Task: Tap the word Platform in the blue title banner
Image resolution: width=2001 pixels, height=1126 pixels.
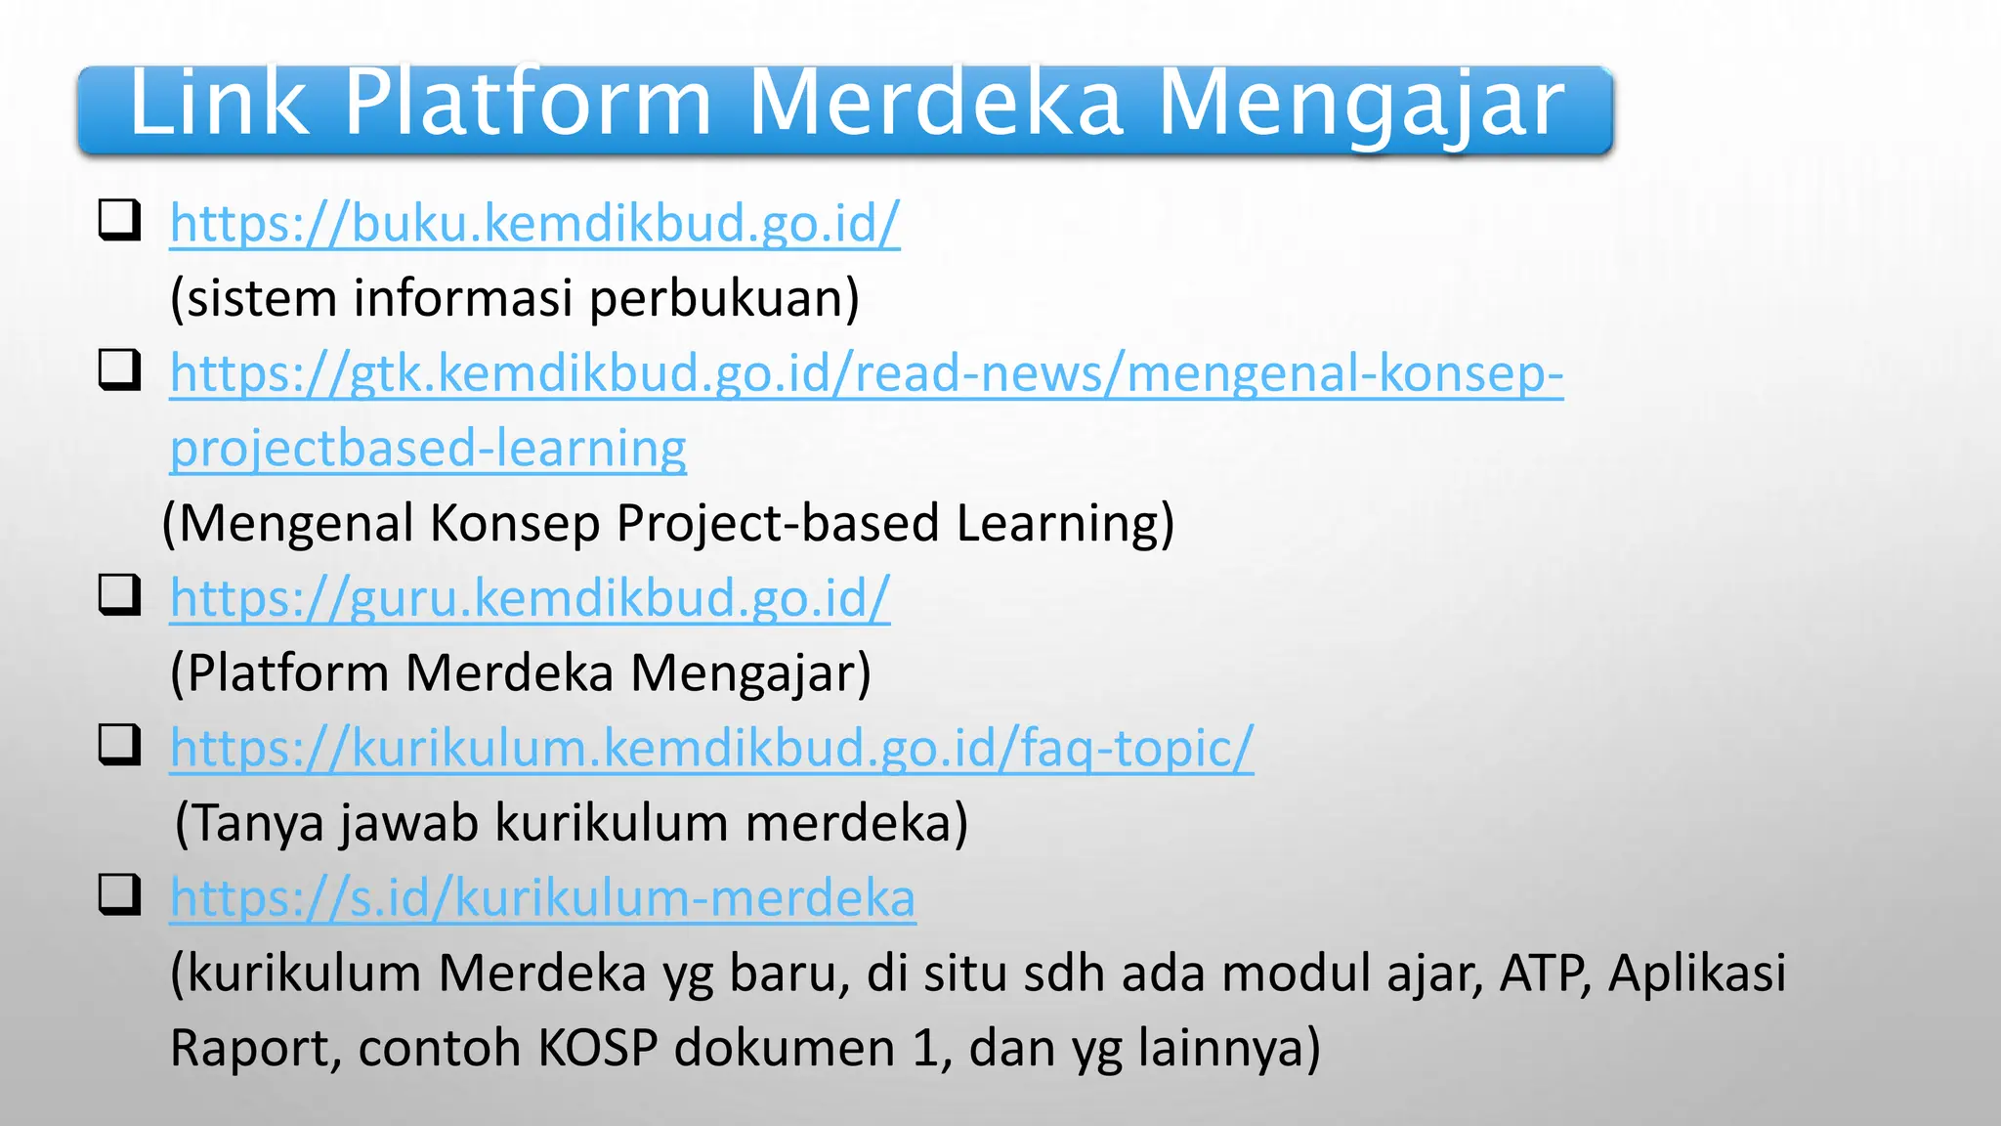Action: click(x=528, y=103)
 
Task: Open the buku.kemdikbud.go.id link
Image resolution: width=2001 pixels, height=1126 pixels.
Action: click(x=534, y=224)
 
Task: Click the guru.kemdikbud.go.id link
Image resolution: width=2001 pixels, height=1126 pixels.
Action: click(x=530, y=598)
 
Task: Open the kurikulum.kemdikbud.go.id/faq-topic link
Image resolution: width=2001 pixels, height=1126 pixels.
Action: click(x=711, y=749)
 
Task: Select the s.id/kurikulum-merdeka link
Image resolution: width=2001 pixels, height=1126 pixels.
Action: click(x=542, y=898)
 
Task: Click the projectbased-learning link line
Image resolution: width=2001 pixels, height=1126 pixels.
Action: click(x=428, y=449)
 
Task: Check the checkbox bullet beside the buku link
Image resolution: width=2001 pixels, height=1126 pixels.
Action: click(x=119, y=220)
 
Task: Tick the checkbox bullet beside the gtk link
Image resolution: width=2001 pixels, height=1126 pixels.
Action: click(x=119, y=369)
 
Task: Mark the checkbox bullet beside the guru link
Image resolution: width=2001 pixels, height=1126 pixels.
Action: click(x=119, y=594)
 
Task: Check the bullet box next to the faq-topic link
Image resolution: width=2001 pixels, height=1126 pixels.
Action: click(x=119, y=745)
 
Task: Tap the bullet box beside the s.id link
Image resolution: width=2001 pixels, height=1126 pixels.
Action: click(x=119, y=894)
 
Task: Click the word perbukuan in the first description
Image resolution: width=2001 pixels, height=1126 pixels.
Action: click(x=723, y=299)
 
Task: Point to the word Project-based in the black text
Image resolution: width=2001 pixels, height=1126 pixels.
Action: click(x=777, y=524)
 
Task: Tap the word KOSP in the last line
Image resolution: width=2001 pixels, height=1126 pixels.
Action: click(x=598, y=1048)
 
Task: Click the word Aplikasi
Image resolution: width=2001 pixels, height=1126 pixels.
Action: click(x=1697, y=974)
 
